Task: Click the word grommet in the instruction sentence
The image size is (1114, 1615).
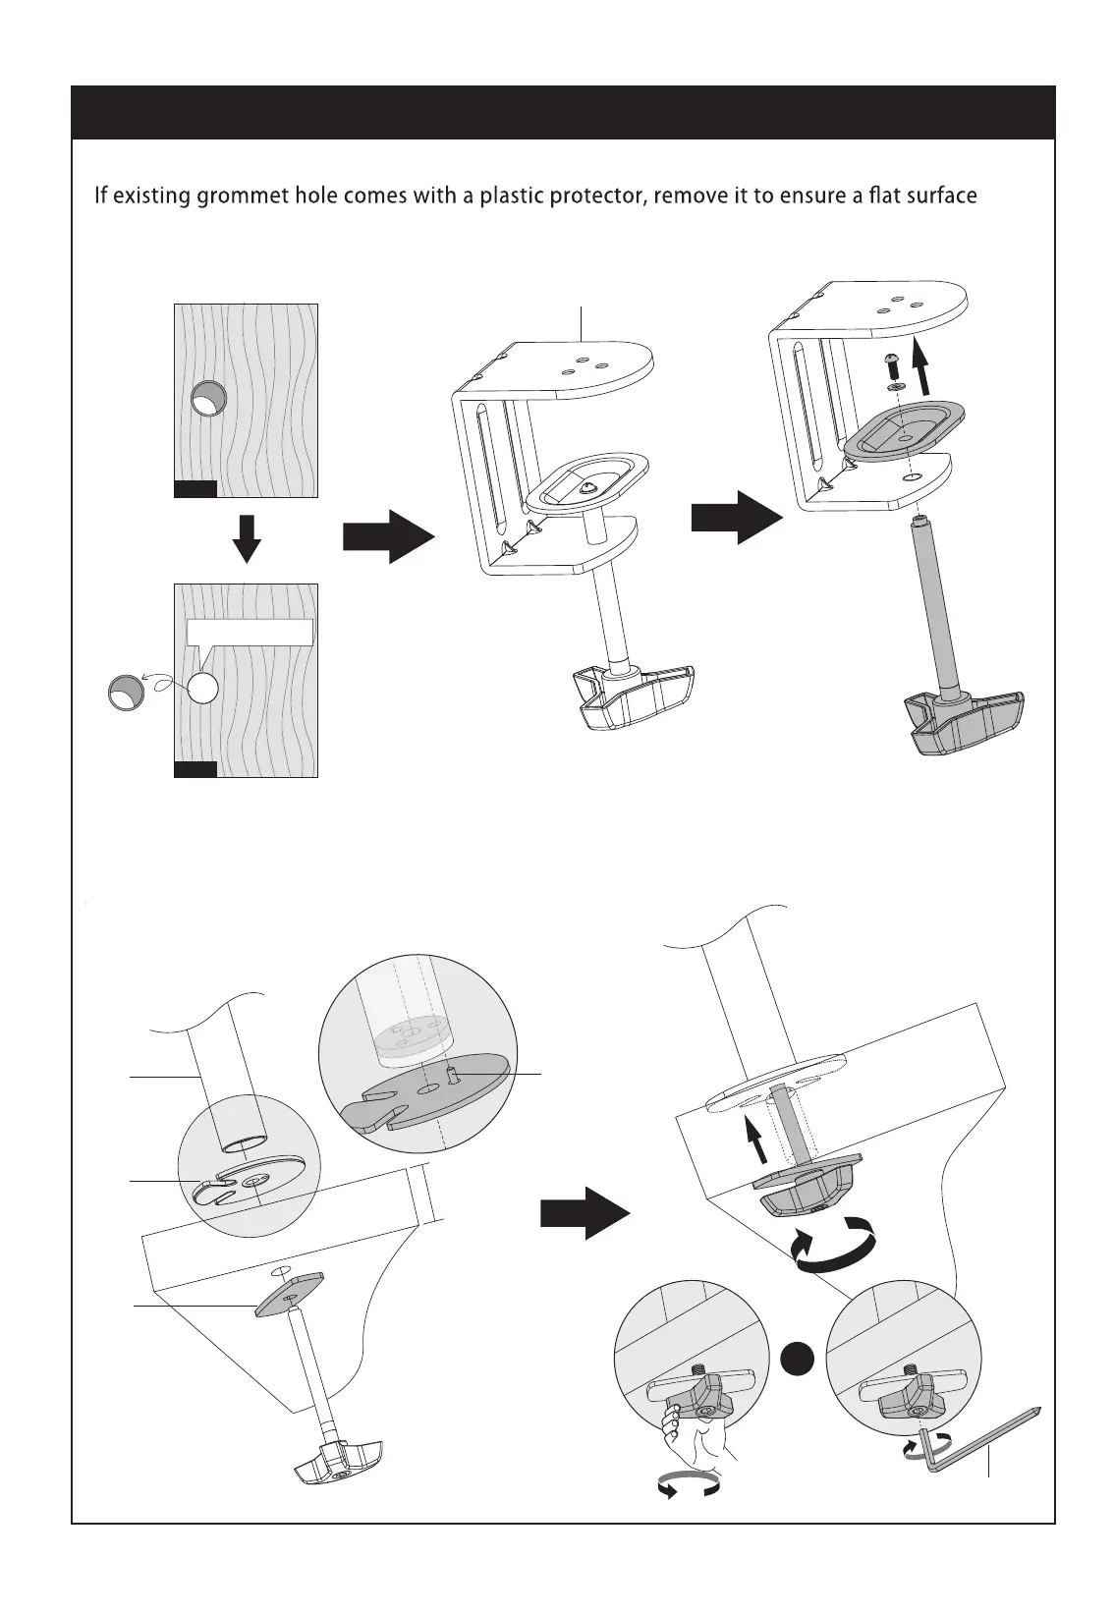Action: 243,195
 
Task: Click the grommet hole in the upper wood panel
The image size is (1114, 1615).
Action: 208,399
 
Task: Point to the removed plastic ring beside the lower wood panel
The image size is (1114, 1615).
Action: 126,692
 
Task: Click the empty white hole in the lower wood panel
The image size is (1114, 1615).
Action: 201,689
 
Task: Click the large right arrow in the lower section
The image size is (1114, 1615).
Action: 585,1215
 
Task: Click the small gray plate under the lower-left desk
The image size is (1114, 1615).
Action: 290,1294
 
